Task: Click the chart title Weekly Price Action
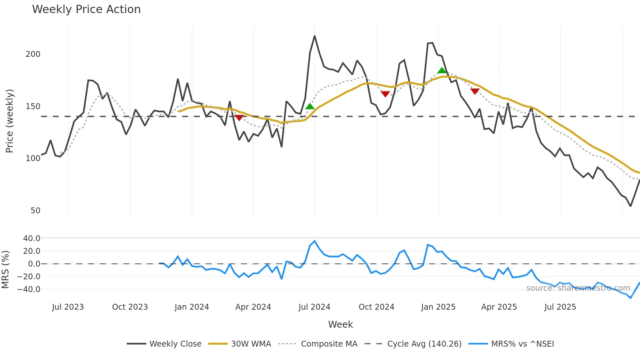[x=86, y=9]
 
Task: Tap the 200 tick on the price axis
[x=33, y=54]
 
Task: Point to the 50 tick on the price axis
[x=35, y=210]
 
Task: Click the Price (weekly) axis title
[x=9, y=121]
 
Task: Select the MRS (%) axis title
[x=5, y=270]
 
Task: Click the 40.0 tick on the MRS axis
[x=32, y=238]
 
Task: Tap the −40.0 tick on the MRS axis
[x=29, y=289]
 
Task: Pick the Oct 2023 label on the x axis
[x=130, y=307]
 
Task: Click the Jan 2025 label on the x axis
[x=438, y=307]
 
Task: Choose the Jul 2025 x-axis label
[x=560, y=307]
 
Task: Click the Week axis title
[x=340, y=324]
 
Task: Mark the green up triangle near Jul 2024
[x=310, y=106]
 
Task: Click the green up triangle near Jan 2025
[x=441, y=71]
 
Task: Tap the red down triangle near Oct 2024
[x=385, y=94]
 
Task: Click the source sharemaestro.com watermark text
[x=578, y=288]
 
